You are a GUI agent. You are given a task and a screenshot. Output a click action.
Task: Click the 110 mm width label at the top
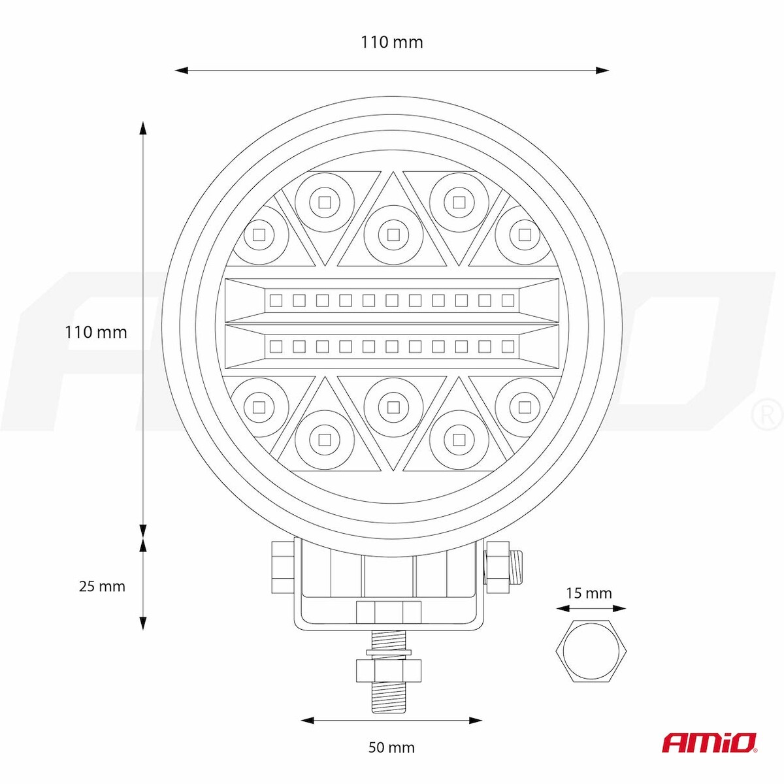(x=392, y=42)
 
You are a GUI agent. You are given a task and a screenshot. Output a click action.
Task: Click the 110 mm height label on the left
(x=96, y=333)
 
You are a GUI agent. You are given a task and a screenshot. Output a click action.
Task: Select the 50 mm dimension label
(x=391, y=747)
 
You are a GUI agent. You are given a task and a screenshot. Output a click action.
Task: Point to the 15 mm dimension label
(x=589, y=593)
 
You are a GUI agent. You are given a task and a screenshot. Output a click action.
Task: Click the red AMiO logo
(x=710, y=742)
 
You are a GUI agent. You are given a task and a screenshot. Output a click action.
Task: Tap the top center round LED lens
(x=393, y=235)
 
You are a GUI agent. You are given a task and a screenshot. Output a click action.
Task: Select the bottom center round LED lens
(x=393, y=406)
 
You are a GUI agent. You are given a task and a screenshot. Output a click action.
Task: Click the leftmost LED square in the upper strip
(x=276, y=301)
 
